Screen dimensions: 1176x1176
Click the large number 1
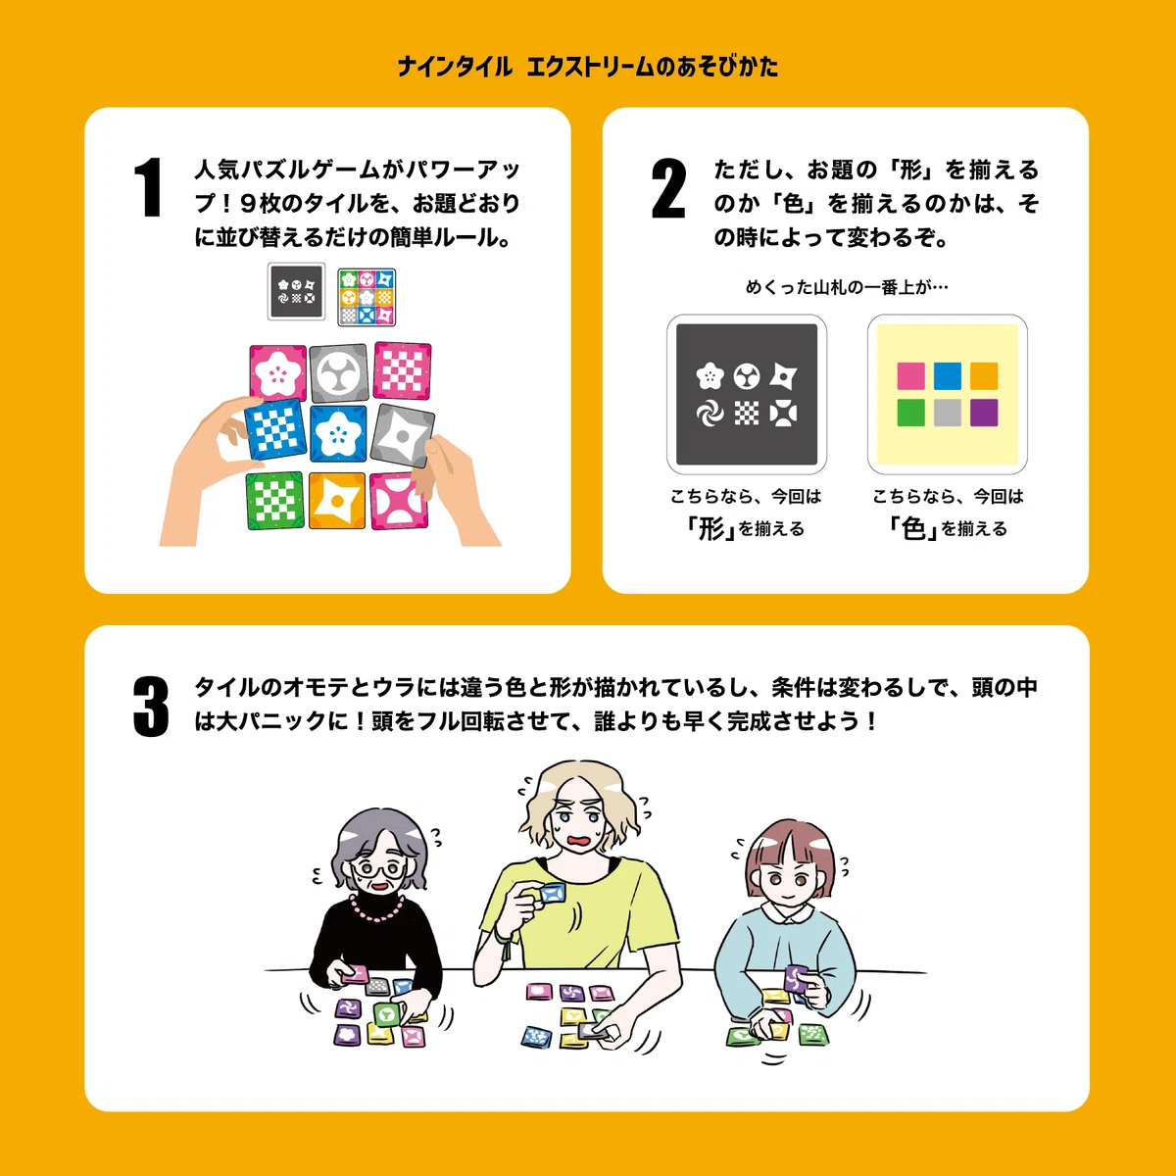coord(149,187)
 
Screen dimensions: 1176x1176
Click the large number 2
coord(669,187)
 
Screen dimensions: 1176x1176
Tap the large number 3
coord(151,706)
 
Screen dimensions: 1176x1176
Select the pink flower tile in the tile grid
coord(277,372)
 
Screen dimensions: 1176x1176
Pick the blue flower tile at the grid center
coord(338,434)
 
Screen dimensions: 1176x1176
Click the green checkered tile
coord(274,501)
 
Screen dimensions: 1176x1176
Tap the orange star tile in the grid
coord(337,501)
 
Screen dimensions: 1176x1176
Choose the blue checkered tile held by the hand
coord(275,429)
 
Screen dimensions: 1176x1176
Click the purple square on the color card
coord(984,413)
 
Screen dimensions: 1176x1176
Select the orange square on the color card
coord(984,375)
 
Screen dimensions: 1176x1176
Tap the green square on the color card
coord(910,413)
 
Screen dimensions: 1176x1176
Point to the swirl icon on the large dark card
coord(710,414)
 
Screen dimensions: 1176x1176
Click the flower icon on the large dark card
coord(710,376)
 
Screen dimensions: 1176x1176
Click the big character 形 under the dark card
coord(710,528)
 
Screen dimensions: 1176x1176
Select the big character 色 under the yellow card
coord(913,528)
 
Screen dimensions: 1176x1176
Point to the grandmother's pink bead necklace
coord(377,908)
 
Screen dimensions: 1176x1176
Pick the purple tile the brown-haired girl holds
coord(796,978)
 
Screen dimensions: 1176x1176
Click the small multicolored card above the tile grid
coord(367,297)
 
